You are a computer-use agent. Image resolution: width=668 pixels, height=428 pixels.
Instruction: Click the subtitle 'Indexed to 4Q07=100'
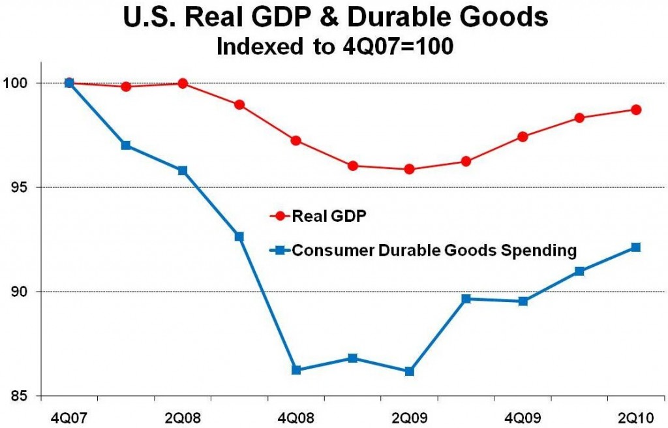(334, 47)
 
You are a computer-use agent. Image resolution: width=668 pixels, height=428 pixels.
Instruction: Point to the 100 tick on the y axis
(25, 83)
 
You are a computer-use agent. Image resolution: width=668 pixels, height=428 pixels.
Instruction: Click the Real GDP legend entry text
(321, 216)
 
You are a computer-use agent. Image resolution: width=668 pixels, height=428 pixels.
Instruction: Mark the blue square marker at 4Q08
(296, 370)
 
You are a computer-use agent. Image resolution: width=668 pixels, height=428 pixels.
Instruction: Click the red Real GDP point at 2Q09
(409, 169)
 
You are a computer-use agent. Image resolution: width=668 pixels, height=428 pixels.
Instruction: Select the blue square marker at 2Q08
(183, 170)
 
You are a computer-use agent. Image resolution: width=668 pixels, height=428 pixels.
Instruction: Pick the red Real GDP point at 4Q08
(296, 140)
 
